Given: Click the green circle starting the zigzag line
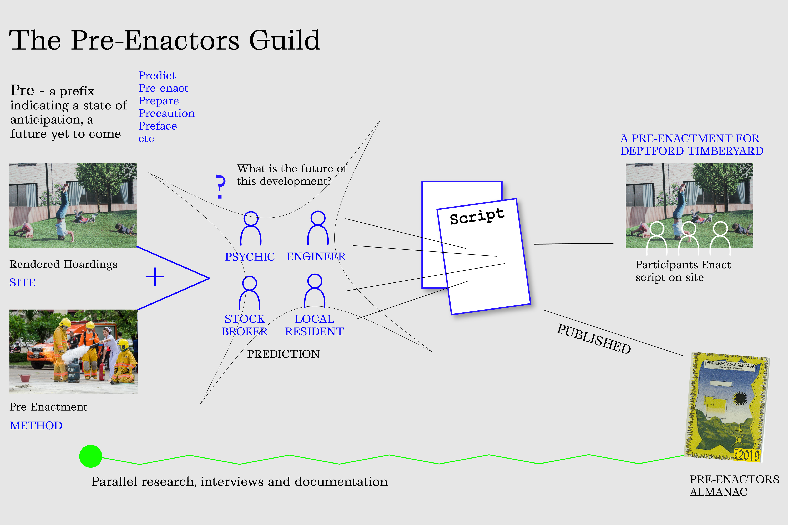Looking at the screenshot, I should point(90,456).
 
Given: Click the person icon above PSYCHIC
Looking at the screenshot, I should point(251,228).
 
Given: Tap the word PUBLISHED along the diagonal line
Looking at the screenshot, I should point(594,339).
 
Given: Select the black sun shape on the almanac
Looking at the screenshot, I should point(740,398).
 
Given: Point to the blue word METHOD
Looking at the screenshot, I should point(36,426).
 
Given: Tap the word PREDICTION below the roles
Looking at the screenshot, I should point(283,354).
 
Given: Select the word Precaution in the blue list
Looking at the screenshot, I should point(166,114).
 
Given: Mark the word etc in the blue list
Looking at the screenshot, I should point(146,139).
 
